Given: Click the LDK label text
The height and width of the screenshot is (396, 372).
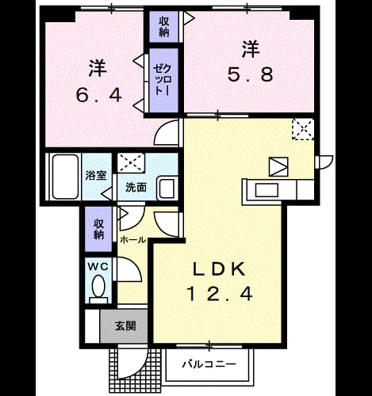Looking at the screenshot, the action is (x=220, y=269).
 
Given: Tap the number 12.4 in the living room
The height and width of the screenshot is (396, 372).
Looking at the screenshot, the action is (x=220, y=294).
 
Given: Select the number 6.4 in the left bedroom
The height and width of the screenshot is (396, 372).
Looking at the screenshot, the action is (x=99, y=95).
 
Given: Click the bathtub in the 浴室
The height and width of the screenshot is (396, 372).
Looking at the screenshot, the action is (x=65, y=177).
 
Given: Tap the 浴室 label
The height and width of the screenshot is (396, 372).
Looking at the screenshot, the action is (x=96, y=175).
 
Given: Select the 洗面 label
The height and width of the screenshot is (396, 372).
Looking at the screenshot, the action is (x=136, y=187).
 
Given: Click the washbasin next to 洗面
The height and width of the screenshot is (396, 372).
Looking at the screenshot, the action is (x=167, y=189).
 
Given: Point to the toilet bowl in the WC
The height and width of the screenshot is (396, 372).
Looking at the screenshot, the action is (x=98, y=286).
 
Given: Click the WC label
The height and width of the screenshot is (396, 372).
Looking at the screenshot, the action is (x=98, y=267).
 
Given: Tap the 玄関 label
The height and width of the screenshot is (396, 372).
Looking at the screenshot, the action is (x=125, y=326).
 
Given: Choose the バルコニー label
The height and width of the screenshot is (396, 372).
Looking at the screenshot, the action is (x=209, y=364).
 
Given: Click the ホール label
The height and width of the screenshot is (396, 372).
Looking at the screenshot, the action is (x=132, y=240).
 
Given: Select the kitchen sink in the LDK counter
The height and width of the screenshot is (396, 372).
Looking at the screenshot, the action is (x=267, y=190).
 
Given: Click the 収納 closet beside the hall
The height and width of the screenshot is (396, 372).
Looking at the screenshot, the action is (x=98, y=229).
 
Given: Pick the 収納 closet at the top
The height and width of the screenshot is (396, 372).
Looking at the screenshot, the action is (x=164, y=27).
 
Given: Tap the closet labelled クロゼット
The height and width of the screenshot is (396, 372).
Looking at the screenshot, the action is (x=163, y=80).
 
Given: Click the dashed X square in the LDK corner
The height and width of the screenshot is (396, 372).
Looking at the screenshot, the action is (x=303, y=129).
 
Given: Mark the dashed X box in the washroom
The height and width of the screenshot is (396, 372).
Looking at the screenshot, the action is (x=131, y=163).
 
